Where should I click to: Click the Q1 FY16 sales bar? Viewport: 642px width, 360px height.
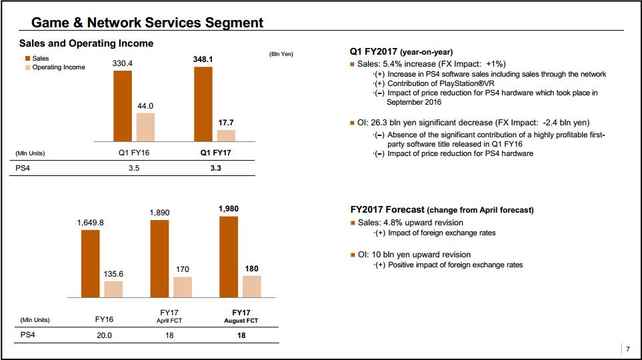tap(123, 105)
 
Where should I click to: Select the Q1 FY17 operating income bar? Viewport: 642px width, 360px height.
tap(226, 135)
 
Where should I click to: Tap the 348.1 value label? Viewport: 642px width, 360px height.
tap(203, 59)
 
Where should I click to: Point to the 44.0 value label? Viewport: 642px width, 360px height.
tap(145, 106)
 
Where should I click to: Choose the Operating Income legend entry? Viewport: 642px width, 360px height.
tap(58, 67)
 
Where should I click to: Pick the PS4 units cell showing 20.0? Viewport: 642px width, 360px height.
tap(104, 335)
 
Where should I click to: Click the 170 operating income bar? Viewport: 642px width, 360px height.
tap(183, 287)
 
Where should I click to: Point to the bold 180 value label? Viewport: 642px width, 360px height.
tap(251, 269)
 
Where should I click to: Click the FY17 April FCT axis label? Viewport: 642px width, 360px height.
tap(169, 316)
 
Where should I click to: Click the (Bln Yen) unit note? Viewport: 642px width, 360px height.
tap(281, 54)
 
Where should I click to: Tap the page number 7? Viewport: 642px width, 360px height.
tap(627, 349)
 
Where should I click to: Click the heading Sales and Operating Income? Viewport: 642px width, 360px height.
tap(86, 43)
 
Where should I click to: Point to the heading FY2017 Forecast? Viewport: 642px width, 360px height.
tap(386, 209)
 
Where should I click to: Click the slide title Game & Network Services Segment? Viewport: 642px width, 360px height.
tap(147, 23)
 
